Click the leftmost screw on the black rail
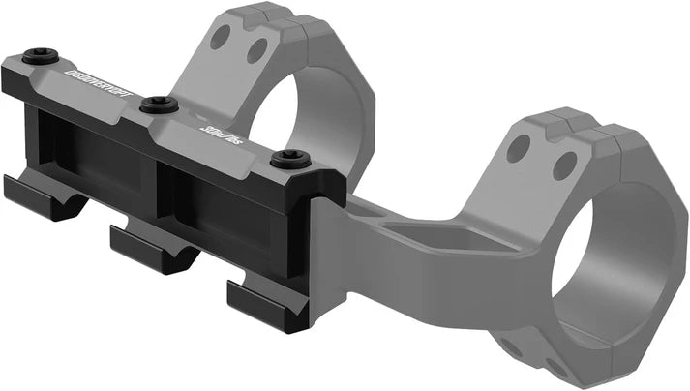click(x=40, y=55)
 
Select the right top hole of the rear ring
click(x=256, y=49)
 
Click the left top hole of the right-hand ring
click(x=519, y=148)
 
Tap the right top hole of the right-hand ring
click(x=564, y=165)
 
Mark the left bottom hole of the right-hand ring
click(x=509, y=346)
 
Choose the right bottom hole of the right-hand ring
click(x=555, y=367)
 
